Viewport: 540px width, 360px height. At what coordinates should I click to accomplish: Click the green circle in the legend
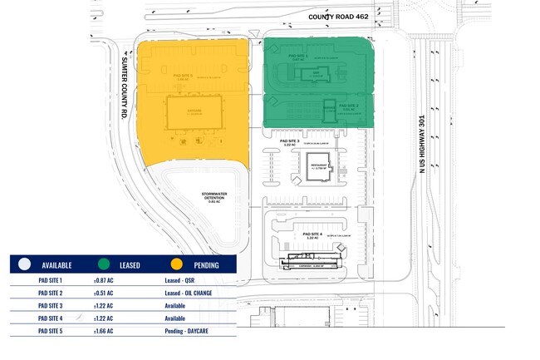click(x=102, y=264)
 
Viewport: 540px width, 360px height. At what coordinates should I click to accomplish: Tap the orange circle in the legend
click(x=177, y=264)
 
